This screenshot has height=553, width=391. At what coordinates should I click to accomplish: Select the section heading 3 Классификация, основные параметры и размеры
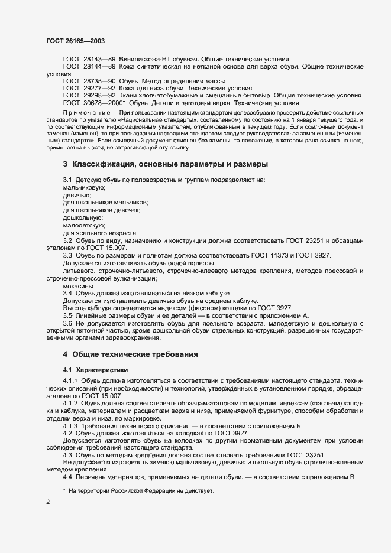click(x=166, y=163)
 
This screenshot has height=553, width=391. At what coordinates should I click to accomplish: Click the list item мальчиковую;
click(x=84, y=187)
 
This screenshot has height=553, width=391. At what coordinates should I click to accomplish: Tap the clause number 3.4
click(x=68, y=294)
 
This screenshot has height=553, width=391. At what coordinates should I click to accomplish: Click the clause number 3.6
click(x=68, y=324)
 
